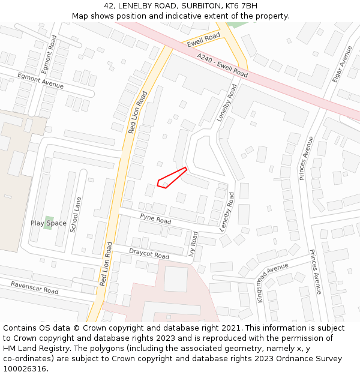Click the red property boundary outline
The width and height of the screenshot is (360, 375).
coord(172,178)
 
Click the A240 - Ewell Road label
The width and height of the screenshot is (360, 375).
coord(222,64)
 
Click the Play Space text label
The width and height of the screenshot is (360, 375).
coord(49,223)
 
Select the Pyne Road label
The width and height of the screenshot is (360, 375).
coord(155,218)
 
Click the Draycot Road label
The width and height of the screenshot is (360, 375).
coord(149,254)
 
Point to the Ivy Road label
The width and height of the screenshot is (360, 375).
coord(193,244)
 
